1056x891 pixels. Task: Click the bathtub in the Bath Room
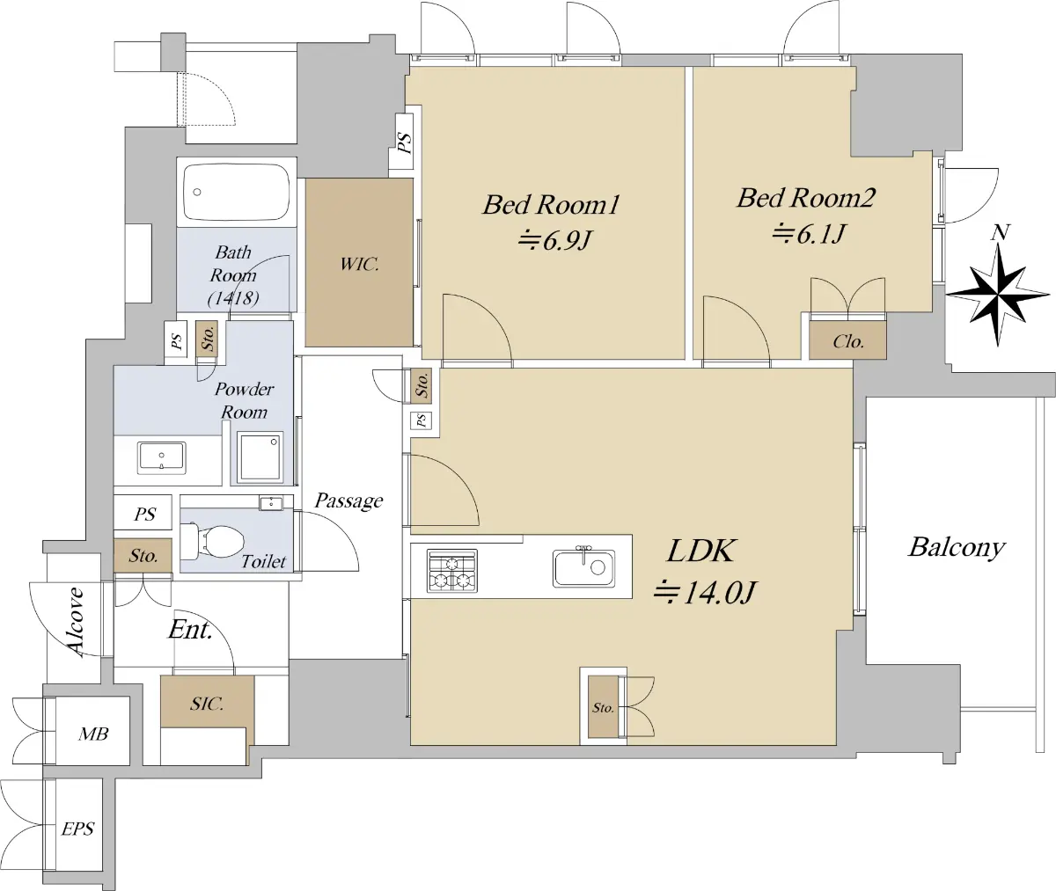pyautogui.click(x=237, y=192)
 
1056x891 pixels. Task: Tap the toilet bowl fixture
pyautogui.click(x=213, y=542)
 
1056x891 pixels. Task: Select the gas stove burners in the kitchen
pyautogui.click(x=452, y=571)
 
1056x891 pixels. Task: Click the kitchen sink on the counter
pyautogui.click(x=584, y=567)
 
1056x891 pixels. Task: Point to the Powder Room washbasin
pyautogui.click(x=162, y=458)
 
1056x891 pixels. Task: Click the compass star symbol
pyautogui.click(x=998, y=295)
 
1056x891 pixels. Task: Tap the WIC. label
pyautogui.click(x=359, y=264)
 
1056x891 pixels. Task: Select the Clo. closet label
pyautogui.click(x=848, y=342)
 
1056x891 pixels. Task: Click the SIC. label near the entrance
pyautogui.click(x=207, y=704)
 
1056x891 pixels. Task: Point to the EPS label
pyautogui.click(x=77, y=829)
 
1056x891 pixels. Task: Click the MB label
pyautogui.click(x=93, y=734)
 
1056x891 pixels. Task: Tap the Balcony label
pyautogui.click(x=957, y=548)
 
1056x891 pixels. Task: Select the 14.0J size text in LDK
pyautogui.click(x=706, y=593)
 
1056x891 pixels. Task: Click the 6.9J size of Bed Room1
pyautogui.click(x=554, y=240)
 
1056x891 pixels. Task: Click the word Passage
pyautogui.click(x=348, y=500)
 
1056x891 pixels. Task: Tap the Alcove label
pyautogui.click(x=76, y=622)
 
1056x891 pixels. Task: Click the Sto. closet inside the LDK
pyautogui.click(x=603, y=707)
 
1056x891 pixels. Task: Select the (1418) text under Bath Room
pyautogui.click(x=233, y=298)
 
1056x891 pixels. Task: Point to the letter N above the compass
pyautogui.click(x=1000, y=232)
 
